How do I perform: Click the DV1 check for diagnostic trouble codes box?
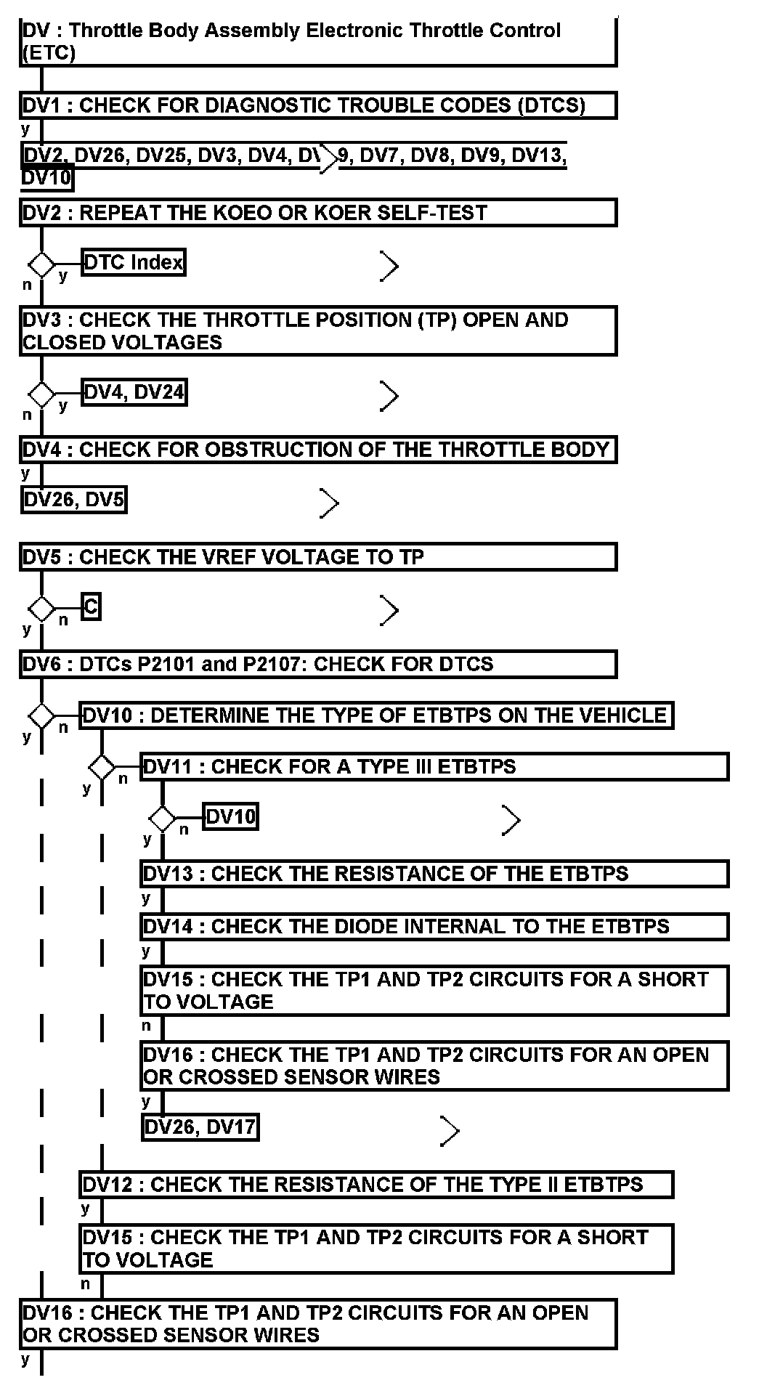(x=318, y=105)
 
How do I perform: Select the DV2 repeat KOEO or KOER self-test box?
(x=318, y=213)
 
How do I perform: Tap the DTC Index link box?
(x=134, y=262)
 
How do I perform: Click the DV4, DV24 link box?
(x=134, y=393)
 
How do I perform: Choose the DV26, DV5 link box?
(x=74, y=500)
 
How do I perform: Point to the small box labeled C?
(x=91, y=606)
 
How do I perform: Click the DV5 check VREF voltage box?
(x=318, y=557)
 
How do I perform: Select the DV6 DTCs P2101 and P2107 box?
(x=318, y=664)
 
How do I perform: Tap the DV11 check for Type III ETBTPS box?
(x=434, y=767)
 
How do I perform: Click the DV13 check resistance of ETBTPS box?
(x=434, y=873)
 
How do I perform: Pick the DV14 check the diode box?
(x=434, y=927)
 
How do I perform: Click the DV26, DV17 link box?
(x=200, y=1127)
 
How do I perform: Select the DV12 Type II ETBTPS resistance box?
(x=376, y=1185)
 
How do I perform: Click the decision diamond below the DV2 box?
(x=41, y=264)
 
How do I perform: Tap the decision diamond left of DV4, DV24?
(x=41, y=394)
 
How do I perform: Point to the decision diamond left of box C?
(x=41, y=608)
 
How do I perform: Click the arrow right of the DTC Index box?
(x=390, y=267)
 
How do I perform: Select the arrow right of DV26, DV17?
(x=451, y=1131)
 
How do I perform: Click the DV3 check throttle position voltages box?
(x=318, y=331)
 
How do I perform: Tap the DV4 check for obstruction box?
(x=318, y=450)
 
